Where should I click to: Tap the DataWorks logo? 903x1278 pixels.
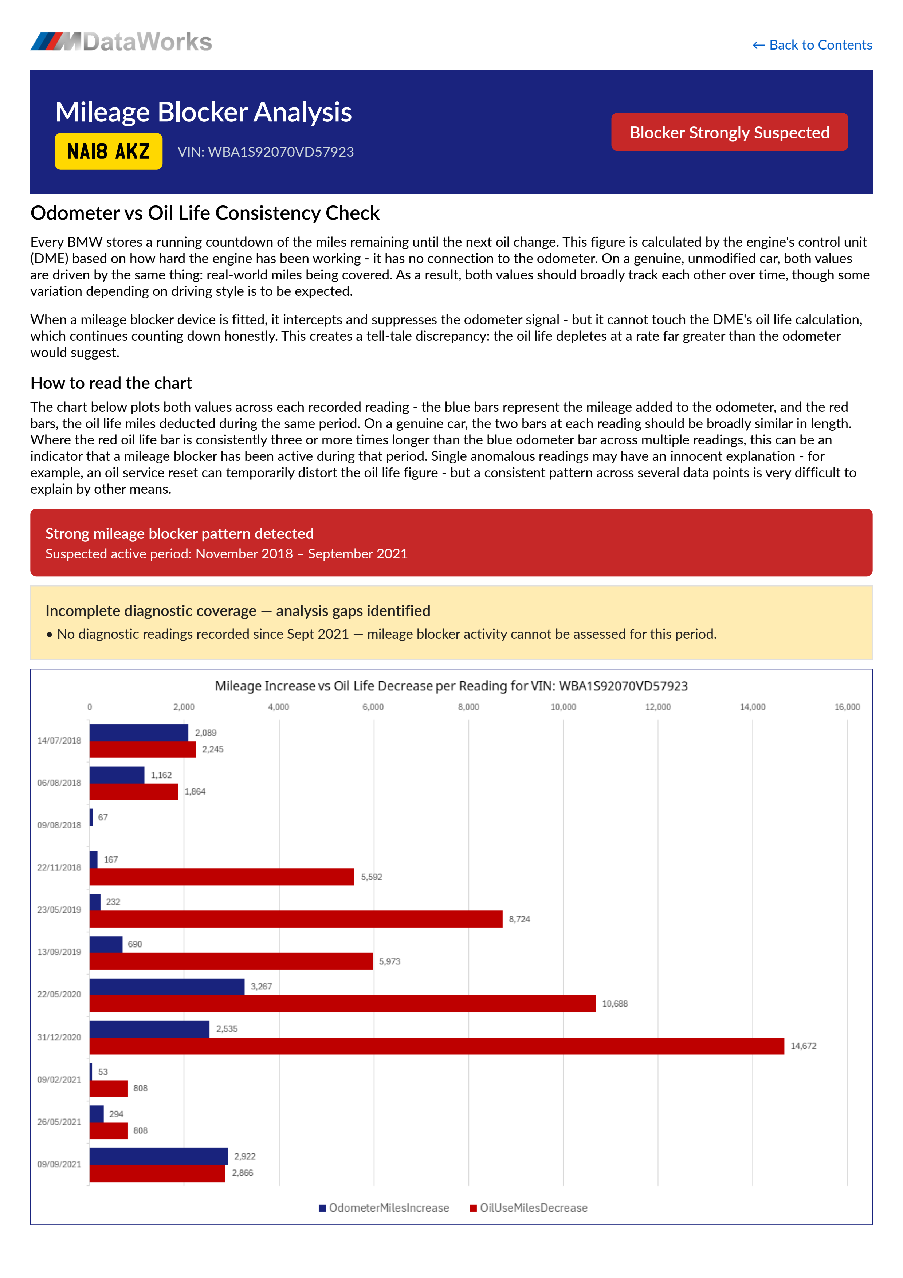[121, 42]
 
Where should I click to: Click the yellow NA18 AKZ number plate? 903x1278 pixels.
[109, 152]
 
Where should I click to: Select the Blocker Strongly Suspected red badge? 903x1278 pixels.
[729, 133]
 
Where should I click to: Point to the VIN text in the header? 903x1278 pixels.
[266, 152]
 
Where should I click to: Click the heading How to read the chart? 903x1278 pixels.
[111, 383]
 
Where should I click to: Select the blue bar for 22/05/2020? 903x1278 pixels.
[167, 986]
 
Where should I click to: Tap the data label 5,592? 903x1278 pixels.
[371, 877]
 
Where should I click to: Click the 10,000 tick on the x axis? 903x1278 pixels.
[563, 707]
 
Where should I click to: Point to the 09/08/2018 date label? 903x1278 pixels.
[59, 825]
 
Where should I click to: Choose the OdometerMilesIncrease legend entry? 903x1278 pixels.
[384, 1208]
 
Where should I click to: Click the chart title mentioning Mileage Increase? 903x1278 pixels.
[451, 686]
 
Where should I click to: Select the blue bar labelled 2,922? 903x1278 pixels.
[158, 1156]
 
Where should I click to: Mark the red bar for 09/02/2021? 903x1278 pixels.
[109, 1088]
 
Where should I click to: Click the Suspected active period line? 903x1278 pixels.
[227, 554]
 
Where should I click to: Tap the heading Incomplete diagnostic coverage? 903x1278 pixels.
[237, 611]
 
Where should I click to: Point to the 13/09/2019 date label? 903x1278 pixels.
[59, 952]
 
